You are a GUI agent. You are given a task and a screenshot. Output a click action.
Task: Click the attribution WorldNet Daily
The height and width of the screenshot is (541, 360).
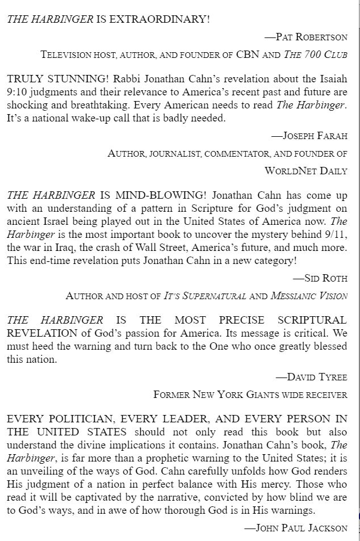coord(306,170)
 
